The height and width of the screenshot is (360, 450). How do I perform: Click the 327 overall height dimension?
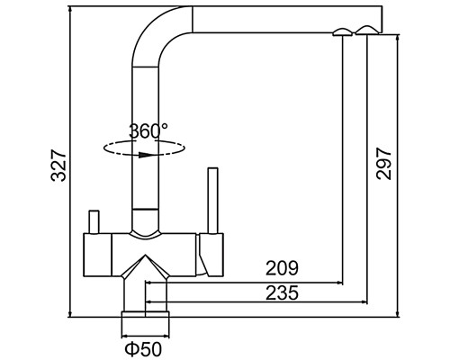[58, 166]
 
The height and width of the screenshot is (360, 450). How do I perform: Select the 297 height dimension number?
[383, 164]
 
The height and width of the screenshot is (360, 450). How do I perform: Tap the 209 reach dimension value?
[283, 268]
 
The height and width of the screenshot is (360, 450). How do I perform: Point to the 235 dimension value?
[283, 292]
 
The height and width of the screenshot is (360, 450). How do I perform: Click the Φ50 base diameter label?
[143, 349]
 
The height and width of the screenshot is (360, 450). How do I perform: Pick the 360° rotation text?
[148, 131]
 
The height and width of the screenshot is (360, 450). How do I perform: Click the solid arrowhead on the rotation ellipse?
[145, 155]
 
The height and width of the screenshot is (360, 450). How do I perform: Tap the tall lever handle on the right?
[213, 201]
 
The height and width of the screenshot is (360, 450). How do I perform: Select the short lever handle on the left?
[94, 221]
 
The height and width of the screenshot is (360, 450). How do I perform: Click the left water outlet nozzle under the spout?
[343, 32]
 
